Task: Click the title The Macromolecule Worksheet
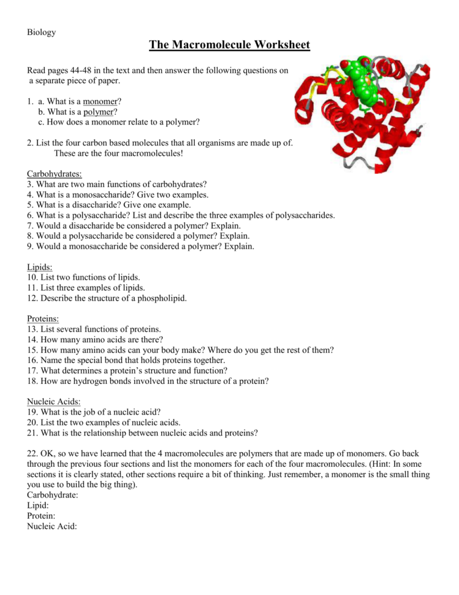click(x=229, y=45)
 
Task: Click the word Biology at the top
click(x=41, y=32)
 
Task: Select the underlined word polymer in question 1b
click(x=98, y=112)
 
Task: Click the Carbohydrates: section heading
click(x=55, y=174)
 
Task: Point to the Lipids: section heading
click(x=40, y=267)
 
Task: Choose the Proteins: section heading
click(x=43, y=318)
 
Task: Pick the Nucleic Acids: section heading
click(x=54, y=401)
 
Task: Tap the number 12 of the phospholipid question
click(x=32, y=298)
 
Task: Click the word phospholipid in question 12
click(x=158, y=298)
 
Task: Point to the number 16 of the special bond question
click(x=32, y=360)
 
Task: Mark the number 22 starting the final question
click(x=32, y=453)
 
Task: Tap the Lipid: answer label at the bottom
click(x=38, y=505)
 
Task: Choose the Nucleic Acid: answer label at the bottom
click(x=52, y=526)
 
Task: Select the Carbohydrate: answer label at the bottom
click(x=53, y=494)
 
